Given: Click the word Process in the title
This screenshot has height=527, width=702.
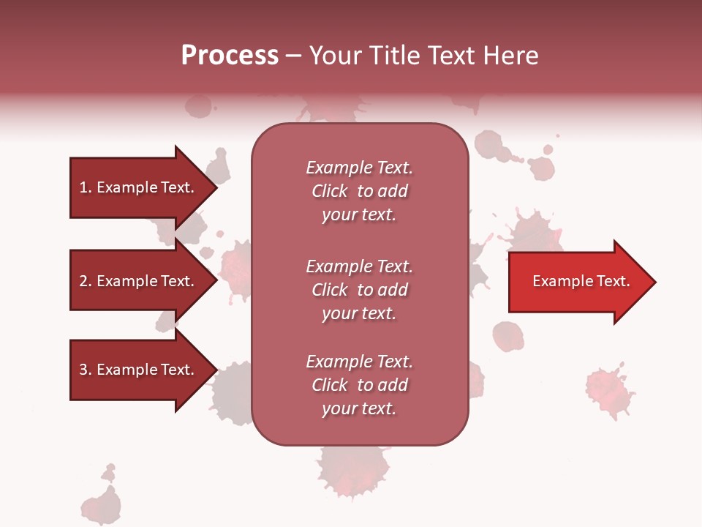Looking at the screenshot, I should click(x=230, y=56).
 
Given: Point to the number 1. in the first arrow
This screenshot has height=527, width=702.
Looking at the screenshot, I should click(x=86, y=187).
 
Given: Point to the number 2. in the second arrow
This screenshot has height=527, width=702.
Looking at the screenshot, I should click(x=86, y=281).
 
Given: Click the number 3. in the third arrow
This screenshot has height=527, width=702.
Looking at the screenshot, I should click(x=86, y=370).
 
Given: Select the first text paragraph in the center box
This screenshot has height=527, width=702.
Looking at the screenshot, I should click(x=359, y=191).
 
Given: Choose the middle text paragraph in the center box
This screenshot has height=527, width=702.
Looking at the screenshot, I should click(x=359, y=290).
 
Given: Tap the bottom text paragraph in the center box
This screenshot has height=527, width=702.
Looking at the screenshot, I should click(x=359, y=385).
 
